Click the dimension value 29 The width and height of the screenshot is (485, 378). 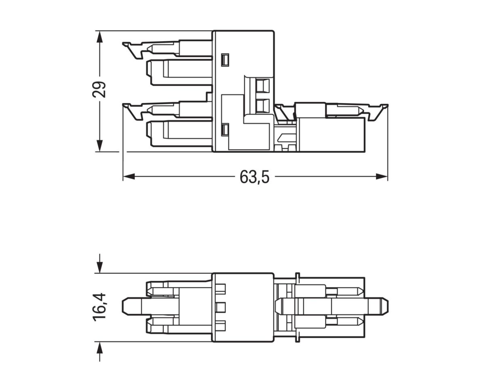click(99, 89)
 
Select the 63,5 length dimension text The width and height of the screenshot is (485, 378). click(254, 177)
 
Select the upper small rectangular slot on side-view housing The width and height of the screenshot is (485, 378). click(225, 59)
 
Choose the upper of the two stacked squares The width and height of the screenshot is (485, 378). click(263, 86)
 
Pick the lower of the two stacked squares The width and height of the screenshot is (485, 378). click(263, 106)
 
